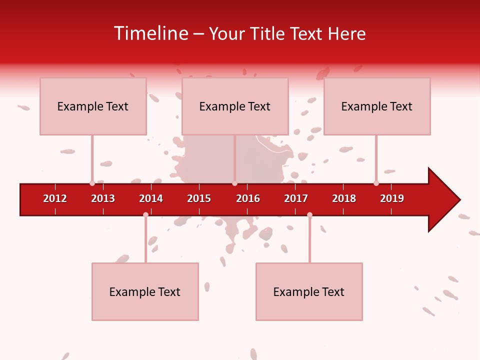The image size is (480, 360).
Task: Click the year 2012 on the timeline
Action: [x=55, y=198]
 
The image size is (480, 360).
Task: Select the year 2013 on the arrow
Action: [x=103, y=198]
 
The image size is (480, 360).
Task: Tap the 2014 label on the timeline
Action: [x=151, y=198]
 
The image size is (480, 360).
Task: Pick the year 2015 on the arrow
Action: [x=199, y=198]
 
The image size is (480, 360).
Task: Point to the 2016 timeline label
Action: [x=248, y=198]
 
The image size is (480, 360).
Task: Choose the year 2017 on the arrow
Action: [x=296, y=198]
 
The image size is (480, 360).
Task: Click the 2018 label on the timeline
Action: [x=344, y=198]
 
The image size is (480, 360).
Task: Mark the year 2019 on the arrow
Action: [x=392, y=198]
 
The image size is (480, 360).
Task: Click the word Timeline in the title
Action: [x=150, y=33]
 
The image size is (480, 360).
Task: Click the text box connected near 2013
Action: [x=93, y=106]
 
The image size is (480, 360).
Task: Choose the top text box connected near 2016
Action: [x=235, y=106]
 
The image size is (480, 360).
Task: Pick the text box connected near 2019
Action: [x=377, y=106]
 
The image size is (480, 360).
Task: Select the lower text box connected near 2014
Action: [x=145, y=291]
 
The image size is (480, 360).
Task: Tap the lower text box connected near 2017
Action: [x=309, y=291]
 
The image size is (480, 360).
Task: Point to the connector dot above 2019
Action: [x=376, y=183]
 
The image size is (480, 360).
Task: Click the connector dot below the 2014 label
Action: [x=145, y=214]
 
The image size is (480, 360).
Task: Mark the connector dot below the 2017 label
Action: [x=309, y=215]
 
